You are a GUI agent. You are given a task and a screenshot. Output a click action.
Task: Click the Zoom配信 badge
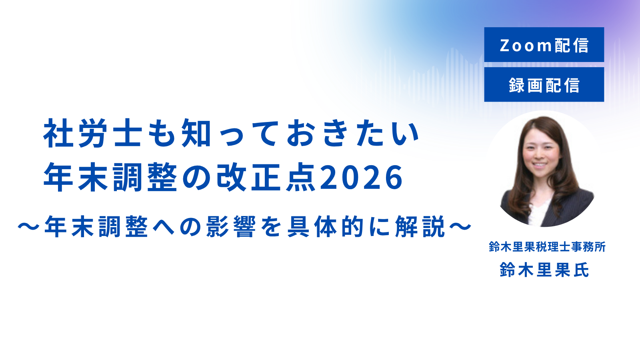click(544, 44)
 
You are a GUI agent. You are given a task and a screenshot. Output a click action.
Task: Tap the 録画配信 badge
click(544, 84)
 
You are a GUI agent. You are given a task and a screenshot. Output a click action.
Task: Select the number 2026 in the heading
click(362, 178)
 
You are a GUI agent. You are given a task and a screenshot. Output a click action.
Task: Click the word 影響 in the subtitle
click(231, 226)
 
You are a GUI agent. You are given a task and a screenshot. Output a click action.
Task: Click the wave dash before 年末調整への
click(28, 227)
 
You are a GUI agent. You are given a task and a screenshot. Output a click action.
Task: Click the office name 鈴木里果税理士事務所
click(547, 247)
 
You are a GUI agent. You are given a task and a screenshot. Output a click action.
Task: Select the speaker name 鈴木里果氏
click(544, 270)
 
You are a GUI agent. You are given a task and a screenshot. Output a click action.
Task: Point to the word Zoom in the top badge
click(526, 45)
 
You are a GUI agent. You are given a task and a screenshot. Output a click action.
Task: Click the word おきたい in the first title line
click(352, 133)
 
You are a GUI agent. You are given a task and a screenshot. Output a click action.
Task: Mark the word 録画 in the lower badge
click(526, 85)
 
